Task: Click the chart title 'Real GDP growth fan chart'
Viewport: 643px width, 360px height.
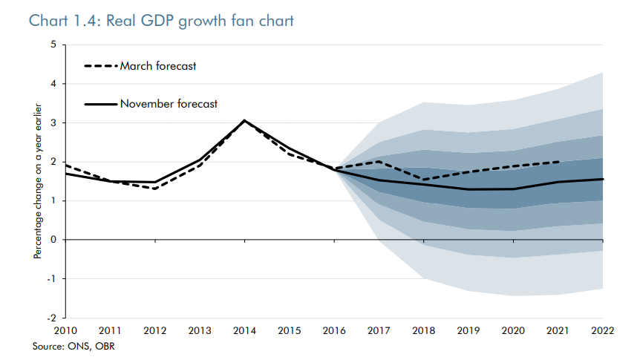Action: [160, 20]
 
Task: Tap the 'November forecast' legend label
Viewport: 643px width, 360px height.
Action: [169, 104]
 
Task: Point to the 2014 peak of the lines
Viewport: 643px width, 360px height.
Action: [244, 120]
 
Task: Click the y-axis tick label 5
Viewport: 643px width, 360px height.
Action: [53, 45]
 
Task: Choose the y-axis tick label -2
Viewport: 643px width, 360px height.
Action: [50, 318]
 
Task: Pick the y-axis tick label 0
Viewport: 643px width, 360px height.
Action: [53, 240]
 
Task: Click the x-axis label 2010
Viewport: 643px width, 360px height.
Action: [65, 332]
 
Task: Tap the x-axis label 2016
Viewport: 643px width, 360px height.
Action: [334, 332]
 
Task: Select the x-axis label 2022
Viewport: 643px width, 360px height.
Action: [602, 332]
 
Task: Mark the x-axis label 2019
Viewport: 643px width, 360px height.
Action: [469, 332]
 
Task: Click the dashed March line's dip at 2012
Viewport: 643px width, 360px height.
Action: [155, 189]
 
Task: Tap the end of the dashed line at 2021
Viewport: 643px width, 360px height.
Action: [558, 162]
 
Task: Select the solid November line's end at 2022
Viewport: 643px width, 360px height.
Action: [602, 179]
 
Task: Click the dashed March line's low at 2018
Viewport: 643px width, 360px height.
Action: [423, 180]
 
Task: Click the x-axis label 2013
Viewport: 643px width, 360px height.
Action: [200, 332]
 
